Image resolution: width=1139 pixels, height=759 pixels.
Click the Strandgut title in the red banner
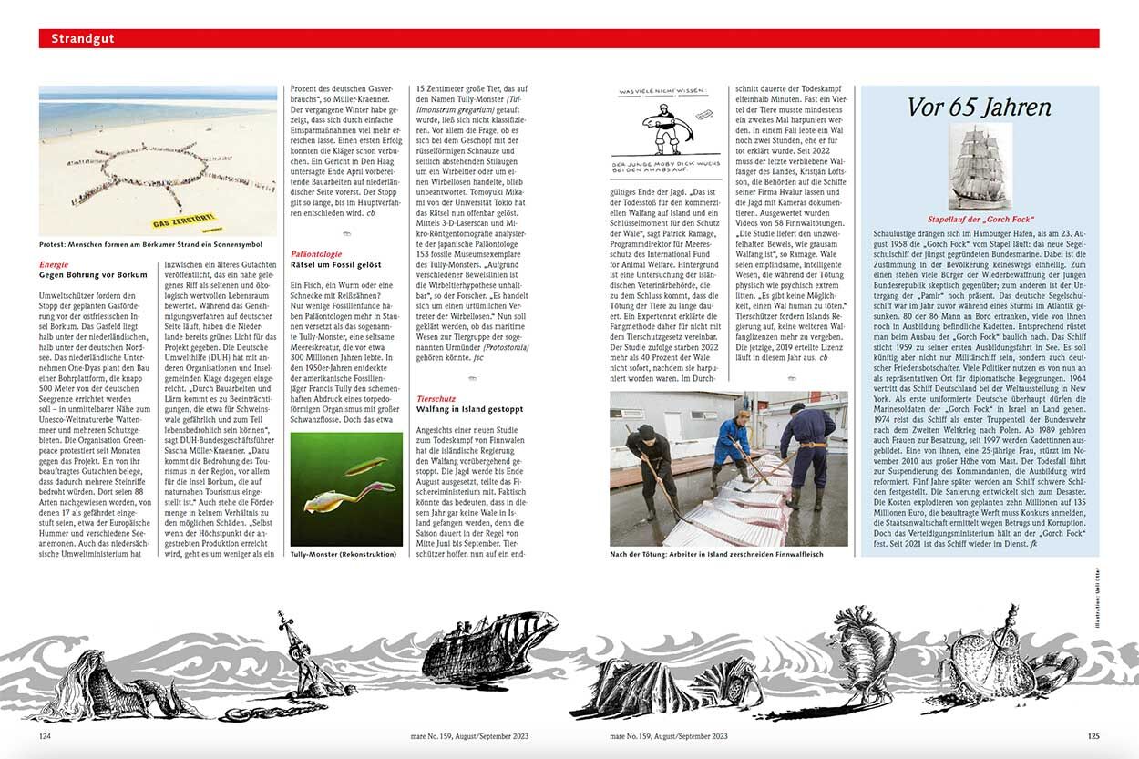pos(82,38)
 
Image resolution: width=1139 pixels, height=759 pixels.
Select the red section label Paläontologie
pos(315,254)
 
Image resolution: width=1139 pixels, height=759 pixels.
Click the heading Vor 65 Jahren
pos(979,107)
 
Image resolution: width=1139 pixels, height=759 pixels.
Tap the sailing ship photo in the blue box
pos(980,167)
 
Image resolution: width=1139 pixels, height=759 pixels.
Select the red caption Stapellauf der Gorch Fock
pos(980,220)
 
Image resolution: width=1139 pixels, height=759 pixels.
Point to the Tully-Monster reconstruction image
pos(346,487)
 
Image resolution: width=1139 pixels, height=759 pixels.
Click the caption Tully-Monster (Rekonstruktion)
pos(343,553)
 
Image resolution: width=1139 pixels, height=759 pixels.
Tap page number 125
pos(1093,736)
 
